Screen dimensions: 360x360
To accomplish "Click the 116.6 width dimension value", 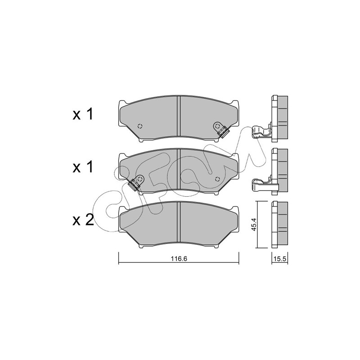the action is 179,258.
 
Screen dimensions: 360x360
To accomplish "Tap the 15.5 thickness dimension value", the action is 279,259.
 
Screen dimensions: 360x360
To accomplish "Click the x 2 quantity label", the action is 83,220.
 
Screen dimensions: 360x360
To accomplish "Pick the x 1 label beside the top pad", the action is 83,114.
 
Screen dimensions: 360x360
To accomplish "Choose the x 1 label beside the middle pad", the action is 83,167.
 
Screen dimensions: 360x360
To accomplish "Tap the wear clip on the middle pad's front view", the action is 136,183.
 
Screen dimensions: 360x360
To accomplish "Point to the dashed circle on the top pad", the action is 140,126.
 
